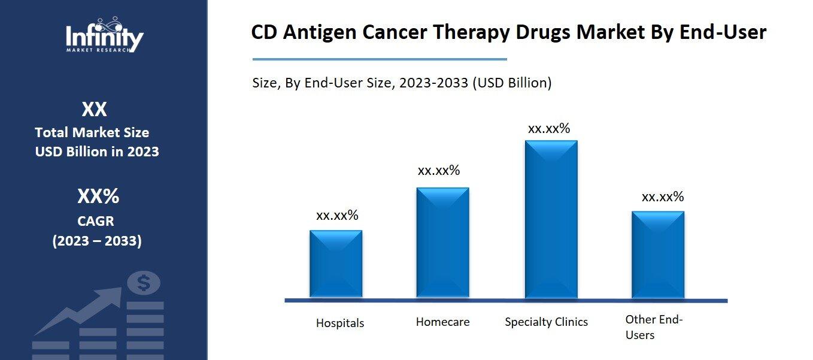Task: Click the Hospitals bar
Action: coord(335,264)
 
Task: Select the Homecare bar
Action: coord(442,243)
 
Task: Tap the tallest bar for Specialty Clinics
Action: coord(551,219)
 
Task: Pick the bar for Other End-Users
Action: coord(657,255)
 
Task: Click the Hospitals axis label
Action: coord(340,323)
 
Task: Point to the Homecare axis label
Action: coord(442,322)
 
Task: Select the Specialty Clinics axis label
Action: coord(546,322)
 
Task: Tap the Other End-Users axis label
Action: coord(653,327)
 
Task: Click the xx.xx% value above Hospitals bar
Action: coord(337,216)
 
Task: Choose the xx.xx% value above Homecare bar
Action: coord(439,171)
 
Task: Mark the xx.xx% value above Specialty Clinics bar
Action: coord(548,128)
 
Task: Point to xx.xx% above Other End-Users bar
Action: coord(662,197)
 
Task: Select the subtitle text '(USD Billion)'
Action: coord(512,83)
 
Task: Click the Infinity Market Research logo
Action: coord(104,35)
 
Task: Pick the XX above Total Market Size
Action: coord(95,110)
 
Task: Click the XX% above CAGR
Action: coord(98,196)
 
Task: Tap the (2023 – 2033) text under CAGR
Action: coord(97,241)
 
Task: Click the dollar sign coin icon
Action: coord(143,283)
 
